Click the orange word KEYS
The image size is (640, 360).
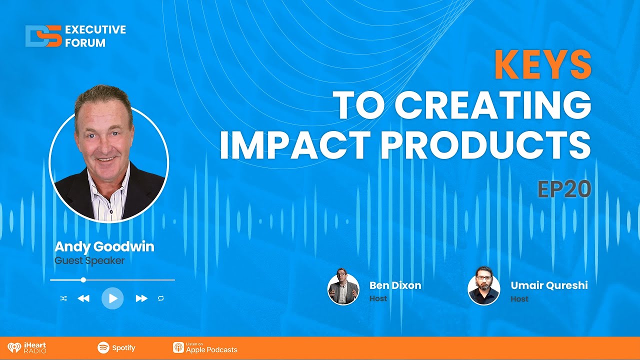(543, 65)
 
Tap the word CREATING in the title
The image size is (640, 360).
(493, 105)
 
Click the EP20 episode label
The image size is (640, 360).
(564, 189)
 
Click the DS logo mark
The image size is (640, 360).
(43, 36)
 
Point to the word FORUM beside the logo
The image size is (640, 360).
(85, 43)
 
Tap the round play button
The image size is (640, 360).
(112, 298)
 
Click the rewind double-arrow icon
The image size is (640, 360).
(83, 298)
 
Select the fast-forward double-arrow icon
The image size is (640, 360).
(141, 298)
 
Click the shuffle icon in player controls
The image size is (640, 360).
(63, 298)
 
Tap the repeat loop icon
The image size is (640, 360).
(160, 298)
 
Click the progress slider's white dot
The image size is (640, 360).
(83, 280)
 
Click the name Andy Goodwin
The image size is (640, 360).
(104, 247)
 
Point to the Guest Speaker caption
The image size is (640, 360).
(89, 260)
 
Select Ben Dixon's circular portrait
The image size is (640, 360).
(343, 289)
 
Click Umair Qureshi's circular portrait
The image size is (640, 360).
(483, 289)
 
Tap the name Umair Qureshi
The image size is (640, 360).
(549, 285)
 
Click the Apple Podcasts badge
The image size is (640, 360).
(205, 348)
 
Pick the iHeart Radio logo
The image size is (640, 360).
(27, 348)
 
